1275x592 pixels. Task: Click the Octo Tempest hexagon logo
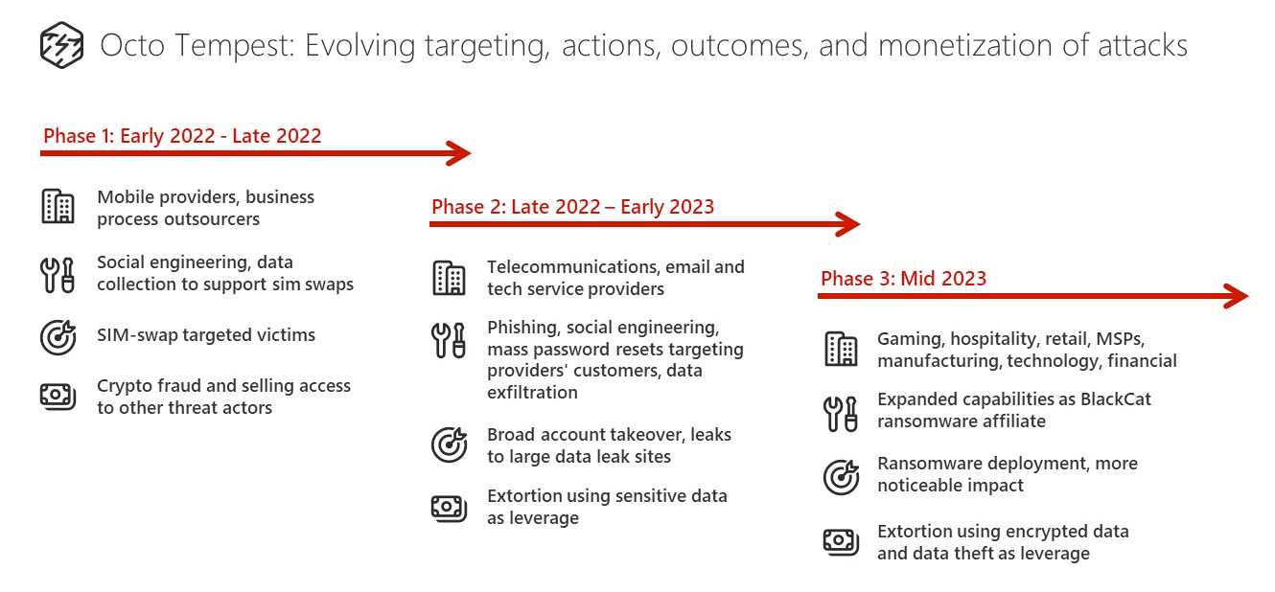[x=62, y=45]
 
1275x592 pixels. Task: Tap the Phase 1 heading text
[x=182, y=136]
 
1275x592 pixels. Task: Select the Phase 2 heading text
[x=572, y=206]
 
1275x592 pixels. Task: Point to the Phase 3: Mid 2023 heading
[x=903, y=278]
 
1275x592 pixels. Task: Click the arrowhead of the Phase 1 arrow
[x=459, y=153]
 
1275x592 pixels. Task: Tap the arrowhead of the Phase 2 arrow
[x=848, y=224]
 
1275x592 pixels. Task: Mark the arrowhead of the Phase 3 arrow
[x=1237, y=296]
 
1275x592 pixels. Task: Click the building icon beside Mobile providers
[x=58, y=206]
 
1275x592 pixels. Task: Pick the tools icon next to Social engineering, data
[x=58, y=275]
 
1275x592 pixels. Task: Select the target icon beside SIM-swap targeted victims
[x=58, y=336]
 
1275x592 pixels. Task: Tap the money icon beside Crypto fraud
[x=58, y=396]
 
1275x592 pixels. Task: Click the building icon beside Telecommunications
[x=449, y=278]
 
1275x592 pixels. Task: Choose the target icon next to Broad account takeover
[x=449, y=444]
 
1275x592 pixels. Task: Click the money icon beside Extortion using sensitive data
[x=449, y=508]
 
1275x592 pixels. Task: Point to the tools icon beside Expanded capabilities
[x=840, y=414]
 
